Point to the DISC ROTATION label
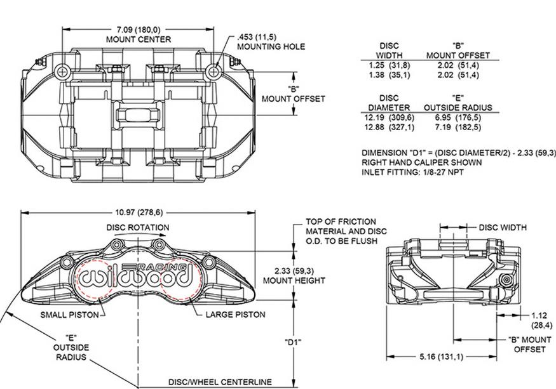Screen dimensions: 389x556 click(x=137, y=227)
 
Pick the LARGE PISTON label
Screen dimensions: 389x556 click(x=236, y=315)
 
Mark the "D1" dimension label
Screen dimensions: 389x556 click(x=292, y=342)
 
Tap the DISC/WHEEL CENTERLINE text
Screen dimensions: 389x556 click(x=220, y=382)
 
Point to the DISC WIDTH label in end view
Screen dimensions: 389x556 click(x=503, y=227)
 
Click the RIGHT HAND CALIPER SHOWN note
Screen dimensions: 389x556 click(x=422, y=162)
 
